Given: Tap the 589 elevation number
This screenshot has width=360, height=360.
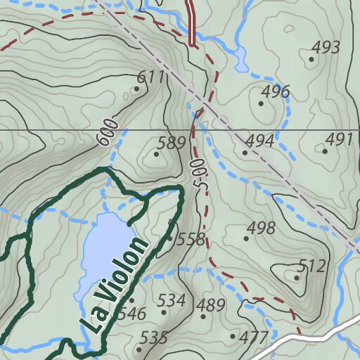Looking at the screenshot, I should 171,143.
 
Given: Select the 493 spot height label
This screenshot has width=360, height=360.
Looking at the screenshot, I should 326,48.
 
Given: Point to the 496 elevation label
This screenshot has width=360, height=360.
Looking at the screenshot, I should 275,91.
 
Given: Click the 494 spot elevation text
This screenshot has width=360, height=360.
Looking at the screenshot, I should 259,141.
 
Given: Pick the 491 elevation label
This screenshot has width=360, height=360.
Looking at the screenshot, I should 339,139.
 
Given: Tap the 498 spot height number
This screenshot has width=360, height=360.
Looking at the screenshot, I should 261,228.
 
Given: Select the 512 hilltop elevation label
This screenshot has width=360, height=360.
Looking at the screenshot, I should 311,266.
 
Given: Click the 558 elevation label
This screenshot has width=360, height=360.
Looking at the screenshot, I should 190,239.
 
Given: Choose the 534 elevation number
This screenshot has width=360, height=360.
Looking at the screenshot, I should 171,302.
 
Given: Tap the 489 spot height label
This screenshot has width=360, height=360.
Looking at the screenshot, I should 210,305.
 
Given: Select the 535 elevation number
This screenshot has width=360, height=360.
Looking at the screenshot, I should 153,338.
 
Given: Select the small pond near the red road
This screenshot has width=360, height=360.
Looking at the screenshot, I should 241,59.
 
